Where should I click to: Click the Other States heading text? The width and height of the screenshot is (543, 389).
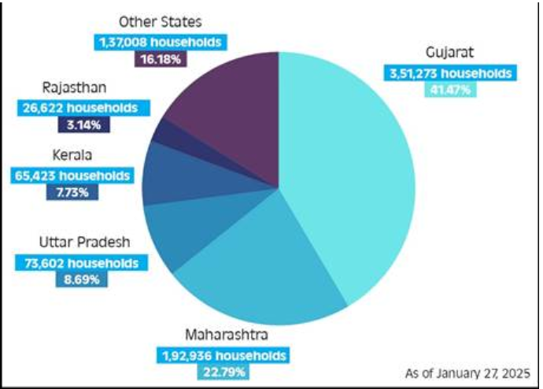pyautogui.click(x=160, y=22)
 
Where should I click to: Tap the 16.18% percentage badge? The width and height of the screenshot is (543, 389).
pyautogui.click(x=160, y=57)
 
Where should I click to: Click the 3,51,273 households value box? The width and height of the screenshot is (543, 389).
pyautogui.click(x=449, y=73)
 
